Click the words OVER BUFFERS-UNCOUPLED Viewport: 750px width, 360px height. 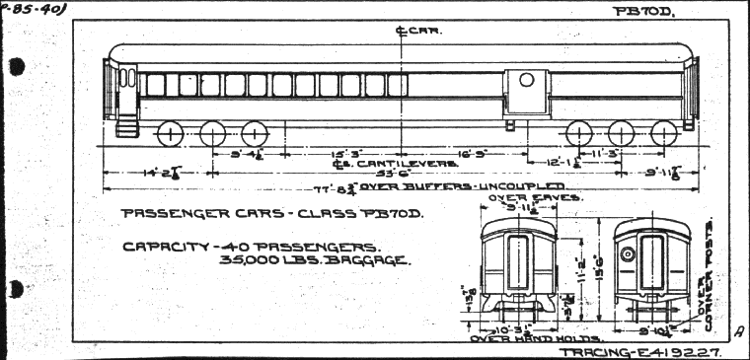pyautogui.click(x=463, y=186)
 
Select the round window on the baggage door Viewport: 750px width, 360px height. pyautogui.click(x=527, y=79)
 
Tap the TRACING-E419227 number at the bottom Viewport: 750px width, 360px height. pyautogui.click(x=640, y=351)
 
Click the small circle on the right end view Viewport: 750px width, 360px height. pyautogui.click(x=626, y=253)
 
